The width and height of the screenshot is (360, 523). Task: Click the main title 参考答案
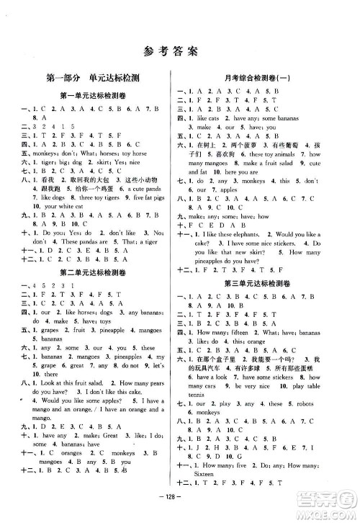[179, 50]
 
